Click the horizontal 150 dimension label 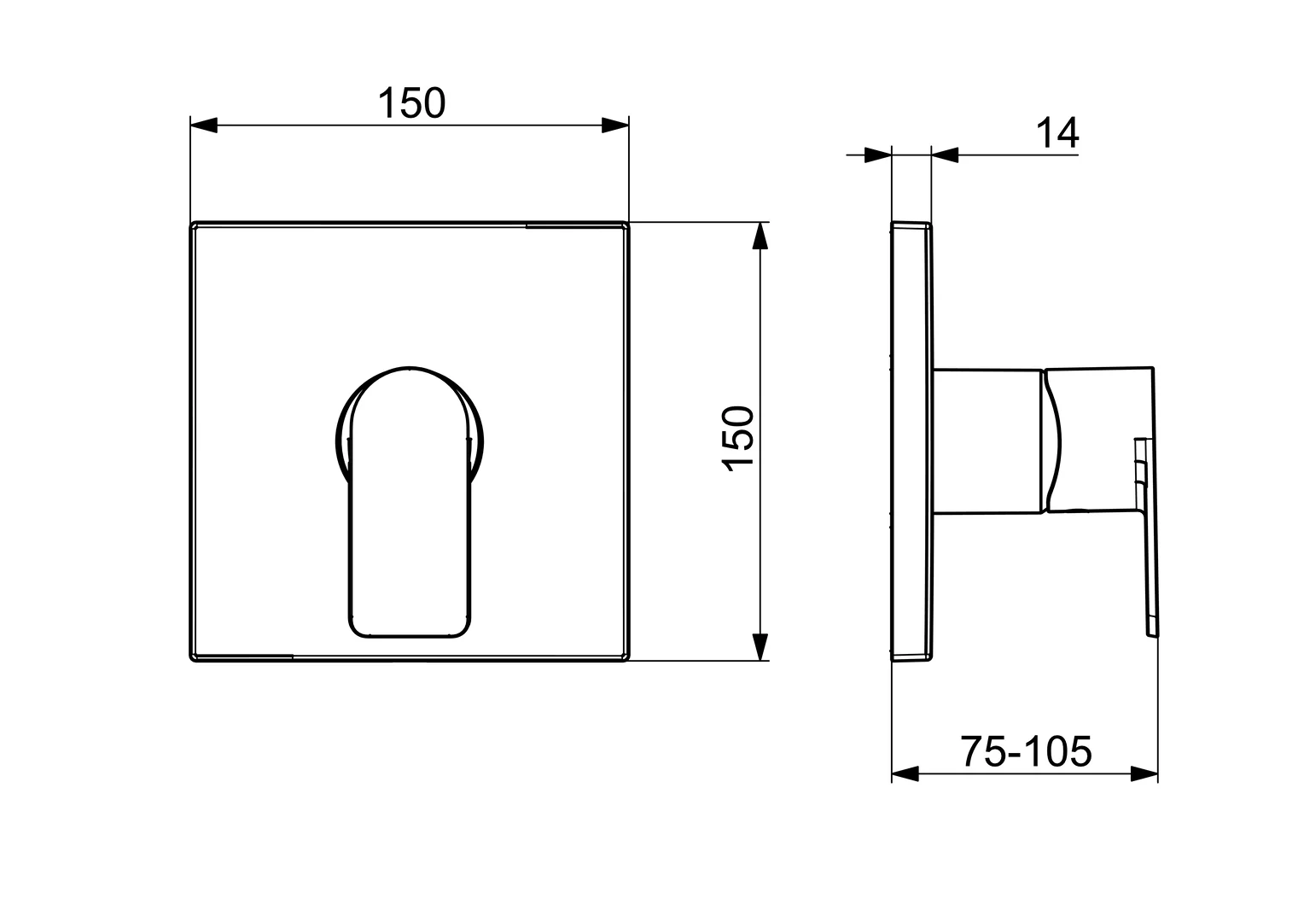click(x=411, y=103)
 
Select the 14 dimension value click(x=1057, y=133)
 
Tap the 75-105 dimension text click(x=1026, y=752)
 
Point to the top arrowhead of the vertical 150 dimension click(x=759, y=236)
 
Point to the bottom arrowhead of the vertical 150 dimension click(x=759, y=646)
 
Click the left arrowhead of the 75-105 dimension click(x=905, y=774)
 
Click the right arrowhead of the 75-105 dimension click(x=1144, y=774)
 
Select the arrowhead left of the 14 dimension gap click(x=877, y=155)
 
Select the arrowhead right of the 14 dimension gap click(x=945, y=155)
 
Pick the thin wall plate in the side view click(x=910, y=442)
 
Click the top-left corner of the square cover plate click(x=192, y=225)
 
